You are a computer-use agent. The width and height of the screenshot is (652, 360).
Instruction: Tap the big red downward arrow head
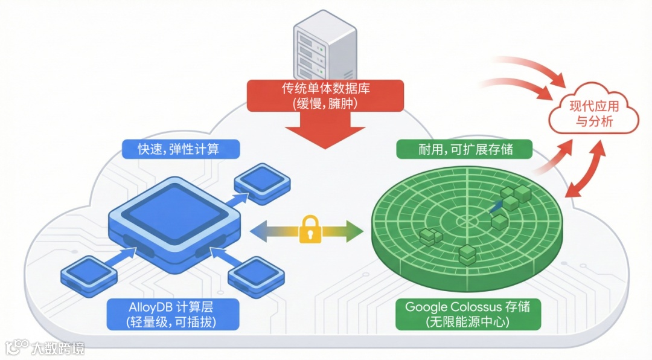[326, 135]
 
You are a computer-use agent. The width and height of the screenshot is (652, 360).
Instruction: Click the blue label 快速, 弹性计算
[181, 148]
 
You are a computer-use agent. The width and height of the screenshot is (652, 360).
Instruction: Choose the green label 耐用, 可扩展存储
[464, 149]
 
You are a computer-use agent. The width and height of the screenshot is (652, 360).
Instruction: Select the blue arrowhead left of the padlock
[257, 230]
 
